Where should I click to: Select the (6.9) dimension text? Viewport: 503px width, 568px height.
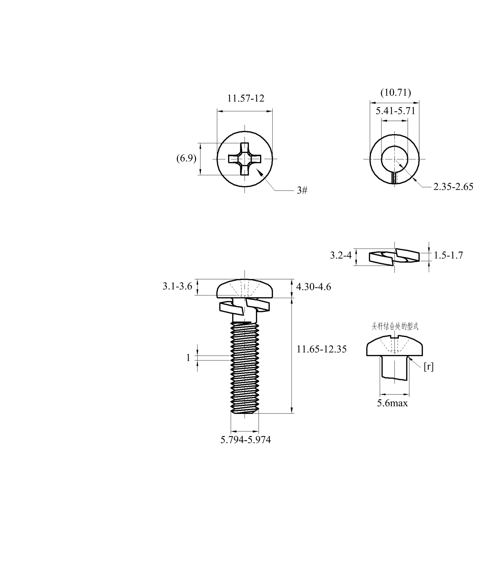[x=186, y=158]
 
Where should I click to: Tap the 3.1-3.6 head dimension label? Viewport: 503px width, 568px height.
[x=177, y=286]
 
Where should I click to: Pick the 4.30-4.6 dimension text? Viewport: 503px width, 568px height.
[x=314, y=287]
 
